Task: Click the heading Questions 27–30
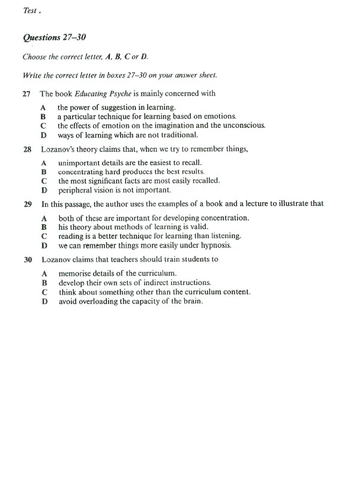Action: (x=55, y=37)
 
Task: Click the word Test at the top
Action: (x=29, y=10)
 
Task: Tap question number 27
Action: (x=26, y=94)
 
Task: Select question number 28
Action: (x=26, y=149)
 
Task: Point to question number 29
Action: (x=27, y=204)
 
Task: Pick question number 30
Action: (x=27, y=260)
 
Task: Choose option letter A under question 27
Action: (x=44, y=107)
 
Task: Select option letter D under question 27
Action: (x=44, y=134)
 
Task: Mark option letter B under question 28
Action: (x=44, y=172)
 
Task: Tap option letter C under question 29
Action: (x=44, y=236)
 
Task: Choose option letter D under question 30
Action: (x=44, y=301)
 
